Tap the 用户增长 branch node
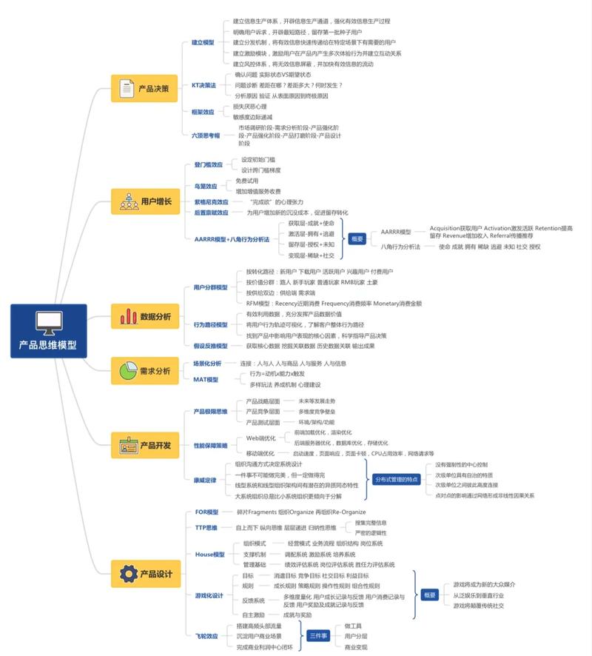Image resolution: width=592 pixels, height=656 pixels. pyautogui.click(x=145, y=201)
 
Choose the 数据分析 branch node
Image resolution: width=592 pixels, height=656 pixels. pyautogui.click(x=145, y=316)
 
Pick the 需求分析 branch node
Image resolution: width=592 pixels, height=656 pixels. pyautogui.click(x=144, y=370)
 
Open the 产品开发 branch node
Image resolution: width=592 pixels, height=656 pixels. pyautogui.click(x=145, y=446)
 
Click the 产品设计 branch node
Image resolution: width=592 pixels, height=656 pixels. pyautogui.click(x=145, y=574)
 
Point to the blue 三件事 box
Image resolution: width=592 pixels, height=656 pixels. pyautogui.click(x=319, y=635)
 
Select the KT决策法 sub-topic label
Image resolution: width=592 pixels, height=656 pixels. pyautogui.click(x=203, y=85)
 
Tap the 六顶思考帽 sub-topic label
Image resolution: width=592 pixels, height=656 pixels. pyautogui.click(x=206, y=135)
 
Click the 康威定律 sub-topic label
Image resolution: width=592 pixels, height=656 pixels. pyautogui.click(x=205, y=480)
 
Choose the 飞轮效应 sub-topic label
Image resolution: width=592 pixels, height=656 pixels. pyautogui.click(x=206, y=635)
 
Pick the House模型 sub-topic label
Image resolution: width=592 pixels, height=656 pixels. pyautogui.click(x=209, y=554)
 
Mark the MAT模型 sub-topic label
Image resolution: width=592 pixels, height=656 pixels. pyautogui.click(x=206, y=379)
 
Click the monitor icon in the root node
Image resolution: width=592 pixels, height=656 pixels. pyautogui.click(x=48, y=321)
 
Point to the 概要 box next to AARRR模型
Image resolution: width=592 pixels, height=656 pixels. pyautogui.click(x=357, y=239)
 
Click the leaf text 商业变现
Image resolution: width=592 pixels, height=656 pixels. pyautogui.click(x=356, y=646)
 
